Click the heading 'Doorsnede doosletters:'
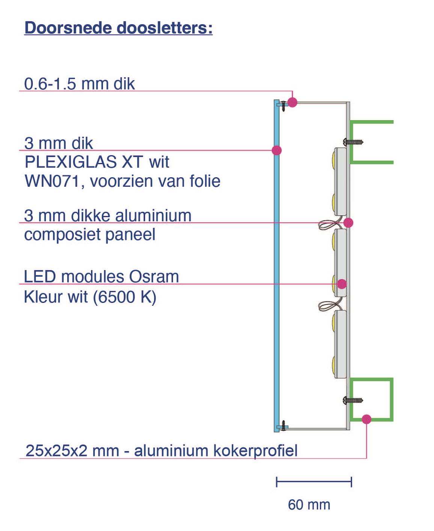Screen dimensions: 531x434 [x=118, y=28]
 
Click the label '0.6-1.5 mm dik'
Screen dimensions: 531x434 [x=79, y=84]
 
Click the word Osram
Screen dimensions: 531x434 [x=154, y=277]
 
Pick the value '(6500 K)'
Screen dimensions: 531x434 [x=124, y=297]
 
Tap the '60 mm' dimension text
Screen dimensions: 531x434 [x=309, y=505]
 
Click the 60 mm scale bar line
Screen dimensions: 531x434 [x=313, y=482]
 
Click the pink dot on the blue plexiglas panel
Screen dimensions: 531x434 [x=277, y=150]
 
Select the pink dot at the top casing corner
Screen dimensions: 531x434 [x=292, y=102]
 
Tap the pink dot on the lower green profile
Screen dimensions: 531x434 [x=367, y=419]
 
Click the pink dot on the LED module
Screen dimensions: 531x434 [x=342, y=284]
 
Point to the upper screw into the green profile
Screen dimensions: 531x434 [x=353, y=142]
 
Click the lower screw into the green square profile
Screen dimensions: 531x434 [x=353, y=400]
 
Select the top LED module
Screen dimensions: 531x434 [x=341, y=182]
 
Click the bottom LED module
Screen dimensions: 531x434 [x=341, y=344]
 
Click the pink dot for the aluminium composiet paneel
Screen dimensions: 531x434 [x=348, y=223]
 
